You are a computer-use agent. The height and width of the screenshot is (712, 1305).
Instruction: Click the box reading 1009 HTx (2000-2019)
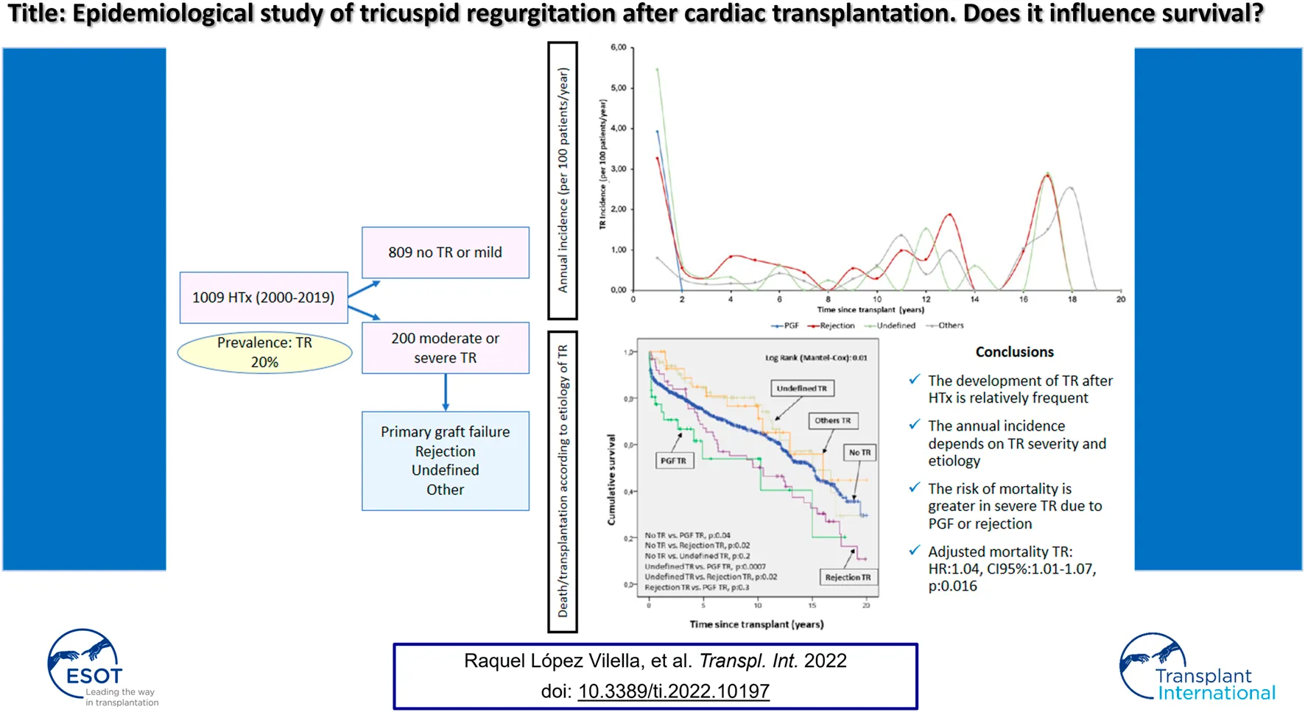click(264, 297)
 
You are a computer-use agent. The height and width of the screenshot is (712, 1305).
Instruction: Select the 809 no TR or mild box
click(445, 253)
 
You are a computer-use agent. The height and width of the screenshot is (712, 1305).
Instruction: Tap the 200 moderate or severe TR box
click(445, 348)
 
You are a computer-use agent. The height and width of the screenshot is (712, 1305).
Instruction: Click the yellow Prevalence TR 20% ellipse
click(264, 353)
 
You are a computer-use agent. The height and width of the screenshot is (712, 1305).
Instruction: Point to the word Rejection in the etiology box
click(445, 451)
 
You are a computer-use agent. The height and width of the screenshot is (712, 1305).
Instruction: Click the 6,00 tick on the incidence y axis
click(618, 48)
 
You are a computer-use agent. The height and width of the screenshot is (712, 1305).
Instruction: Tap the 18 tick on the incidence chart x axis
click(1072, 300)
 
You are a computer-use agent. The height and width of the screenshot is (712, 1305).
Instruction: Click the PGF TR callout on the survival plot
click(673, 461)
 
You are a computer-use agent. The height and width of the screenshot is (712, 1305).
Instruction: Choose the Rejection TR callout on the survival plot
click(848, 577)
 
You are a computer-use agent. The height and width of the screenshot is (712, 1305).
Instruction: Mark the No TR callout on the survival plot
click(859, 452)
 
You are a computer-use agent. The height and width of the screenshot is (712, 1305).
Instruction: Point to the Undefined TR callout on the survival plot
click(801, 388)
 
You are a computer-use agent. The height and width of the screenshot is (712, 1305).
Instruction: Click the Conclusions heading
click(1014, 352)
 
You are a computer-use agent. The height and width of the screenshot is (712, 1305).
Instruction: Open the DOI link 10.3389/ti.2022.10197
click(673, 691)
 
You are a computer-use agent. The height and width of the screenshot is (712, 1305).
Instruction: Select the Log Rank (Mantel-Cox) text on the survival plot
click(815, 358)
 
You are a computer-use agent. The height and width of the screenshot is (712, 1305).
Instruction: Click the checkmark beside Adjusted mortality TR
click(915, 551)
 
